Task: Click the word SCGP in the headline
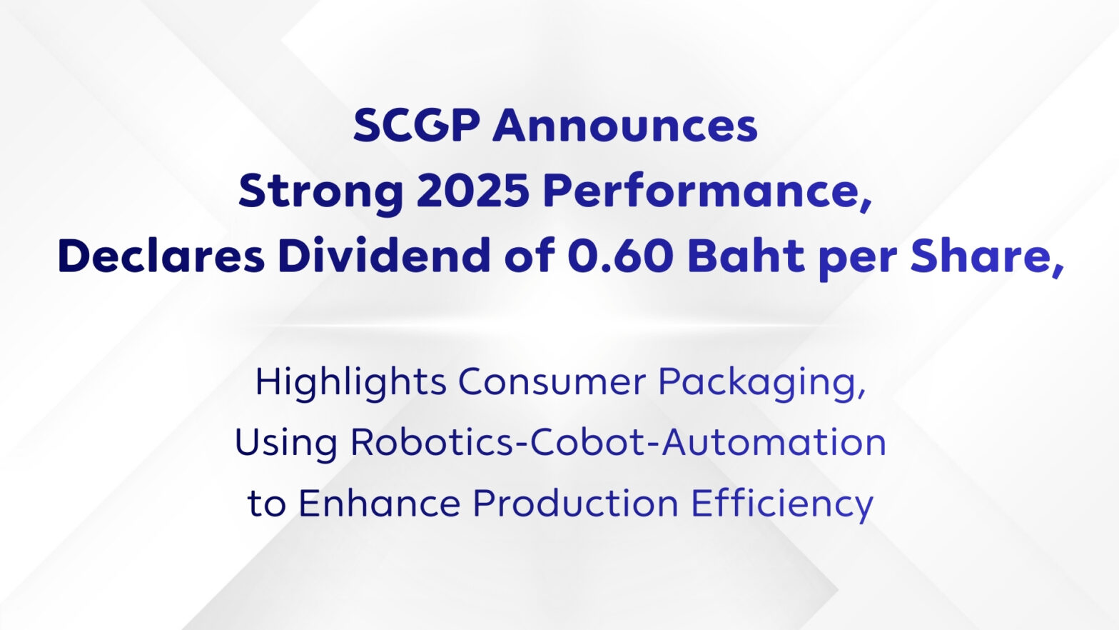[417, 126]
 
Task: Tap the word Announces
[625, 126]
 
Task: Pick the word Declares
[161, 255]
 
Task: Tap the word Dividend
[384, 255]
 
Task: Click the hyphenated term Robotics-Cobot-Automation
[618, 442]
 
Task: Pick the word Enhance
[380, 503]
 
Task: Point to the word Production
[575, 503]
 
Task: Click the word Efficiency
[782, 504]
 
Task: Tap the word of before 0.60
[529, 255]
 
